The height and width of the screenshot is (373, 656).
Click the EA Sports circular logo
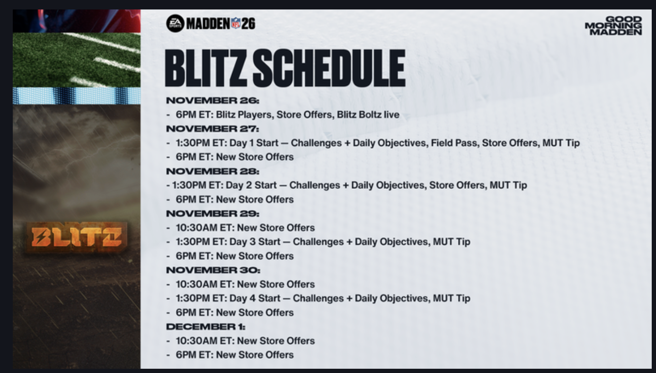[175, 23]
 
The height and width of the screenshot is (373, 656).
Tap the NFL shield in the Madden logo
[236, 23]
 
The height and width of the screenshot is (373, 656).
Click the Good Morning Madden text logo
[613, 26]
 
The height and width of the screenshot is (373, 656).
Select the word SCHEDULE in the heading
[329, 68]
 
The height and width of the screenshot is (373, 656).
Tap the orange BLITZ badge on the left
[76, 237]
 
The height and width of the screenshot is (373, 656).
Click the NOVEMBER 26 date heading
[213, 100]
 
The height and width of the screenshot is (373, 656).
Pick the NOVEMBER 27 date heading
[213, 129]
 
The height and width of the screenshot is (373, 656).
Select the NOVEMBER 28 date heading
[213, 171]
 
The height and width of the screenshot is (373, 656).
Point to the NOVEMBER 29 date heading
[213, 214]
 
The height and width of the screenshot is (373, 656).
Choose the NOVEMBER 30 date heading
[213, 270]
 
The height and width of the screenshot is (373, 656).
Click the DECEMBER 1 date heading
[205, 327]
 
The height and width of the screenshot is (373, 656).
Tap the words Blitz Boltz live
[368, 115]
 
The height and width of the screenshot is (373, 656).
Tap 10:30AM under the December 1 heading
[196, 341]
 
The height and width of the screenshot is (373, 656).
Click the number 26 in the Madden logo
[248, 23]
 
